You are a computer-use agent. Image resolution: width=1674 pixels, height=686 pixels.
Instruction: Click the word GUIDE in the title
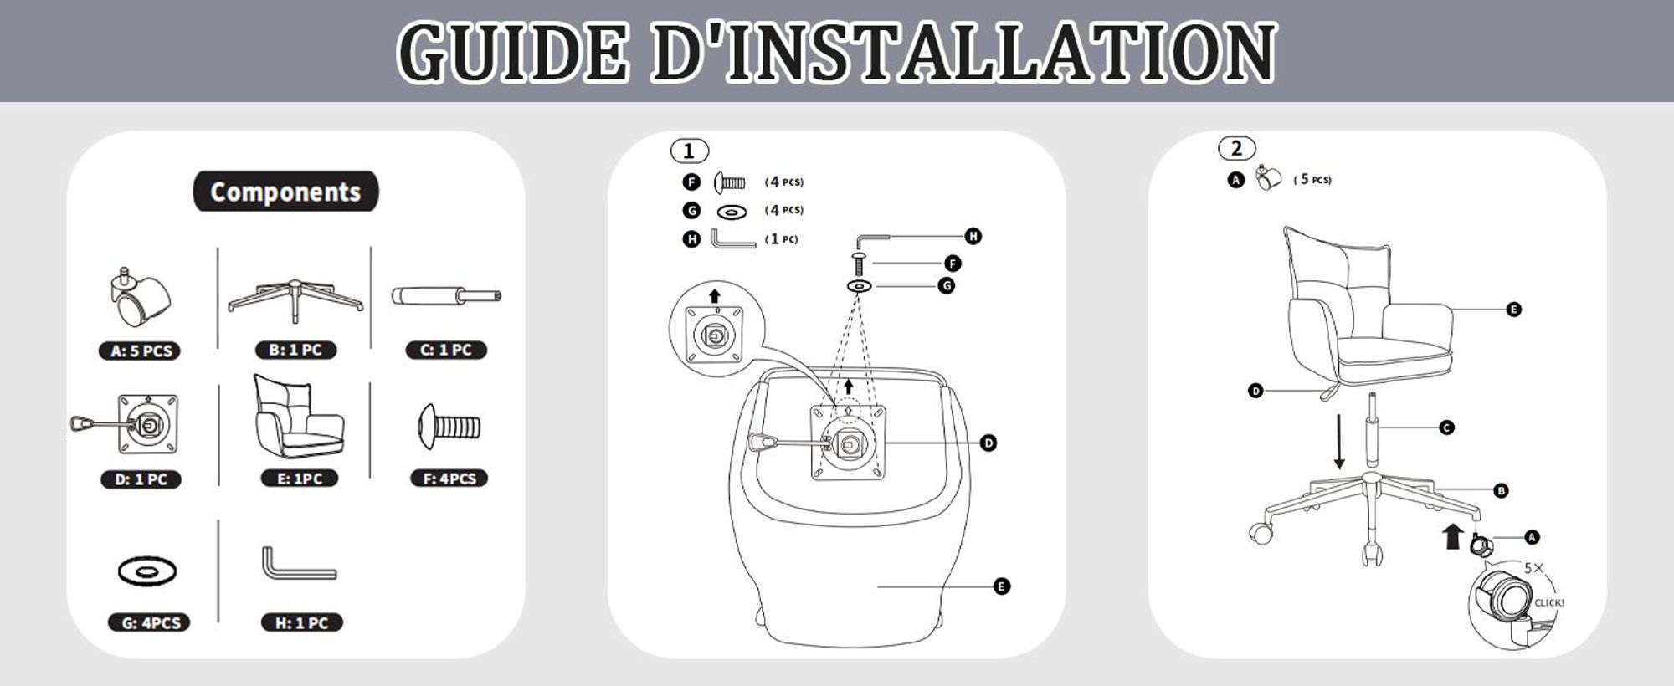click(x=513, y=52)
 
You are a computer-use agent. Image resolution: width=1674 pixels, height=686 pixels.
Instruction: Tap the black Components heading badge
click(x=285, y=192)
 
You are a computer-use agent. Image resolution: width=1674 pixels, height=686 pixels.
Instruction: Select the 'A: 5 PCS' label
click(x=141, y=351)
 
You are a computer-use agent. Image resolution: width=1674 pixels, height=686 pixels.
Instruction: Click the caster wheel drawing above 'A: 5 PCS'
click(x=140, y=297)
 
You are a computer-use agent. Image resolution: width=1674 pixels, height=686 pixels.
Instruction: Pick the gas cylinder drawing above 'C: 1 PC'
click(x=446, y=296)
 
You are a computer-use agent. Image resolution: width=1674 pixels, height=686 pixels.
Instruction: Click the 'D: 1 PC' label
click(x=141, y=479)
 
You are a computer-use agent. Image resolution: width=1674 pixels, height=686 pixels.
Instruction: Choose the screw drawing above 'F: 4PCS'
click(x=449, y=427)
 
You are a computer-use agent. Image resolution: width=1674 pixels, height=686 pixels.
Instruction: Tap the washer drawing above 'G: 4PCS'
click(x=147, y=571)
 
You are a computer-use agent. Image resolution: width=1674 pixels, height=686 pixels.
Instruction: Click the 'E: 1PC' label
click(x=299, y=479)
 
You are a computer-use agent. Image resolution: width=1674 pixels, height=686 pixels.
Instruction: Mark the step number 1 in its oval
click(x=689, y=151)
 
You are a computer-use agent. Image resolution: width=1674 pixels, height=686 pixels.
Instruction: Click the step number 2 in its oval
click(x=1236, y=149)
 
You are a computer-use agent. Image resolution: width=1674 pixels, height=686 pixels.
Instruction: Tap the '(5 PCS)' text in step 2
click(x=1312, y=180)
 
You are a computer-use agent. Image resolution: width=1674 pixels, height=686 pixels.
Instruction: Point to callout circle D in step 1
click(x=988, y=443)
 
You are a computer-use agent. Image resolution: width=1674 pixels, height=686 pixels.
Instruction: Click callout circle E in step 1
click(x=1002, y=586)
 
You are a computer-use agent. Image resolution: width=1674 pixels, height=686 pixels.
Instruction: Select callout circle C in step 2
click(x=1446, y=427)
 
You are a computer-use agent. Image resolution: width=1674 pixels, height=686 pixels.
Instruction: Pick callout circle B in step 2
click(x=1501, y=491)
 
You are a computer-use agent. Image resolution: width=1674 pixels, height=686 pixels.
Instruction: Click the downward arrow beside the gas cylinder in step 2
click(x=1339, y=442)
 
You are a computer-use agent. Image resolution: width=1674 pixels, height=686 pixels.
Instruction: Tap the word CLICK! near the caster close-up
click(x=1548, y=602)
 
